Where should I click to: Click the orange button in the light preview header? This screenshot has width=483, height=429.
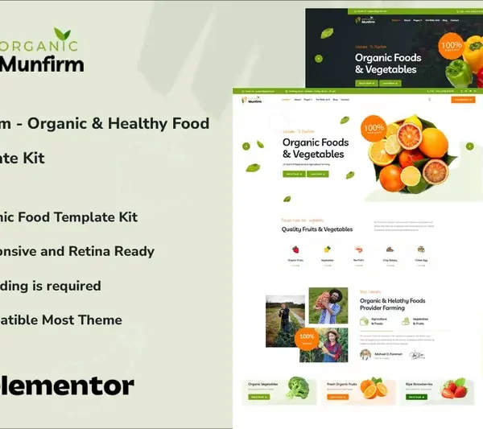coord(463,100)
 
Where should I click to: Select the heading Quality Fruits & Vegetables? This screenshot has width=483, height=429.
coord(317,229)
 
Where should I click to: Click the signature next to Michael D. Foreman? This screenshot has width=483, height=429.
coord(417,355)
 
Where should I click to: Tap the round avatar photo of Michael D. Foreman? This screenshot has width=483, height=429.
coord(365,355)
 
